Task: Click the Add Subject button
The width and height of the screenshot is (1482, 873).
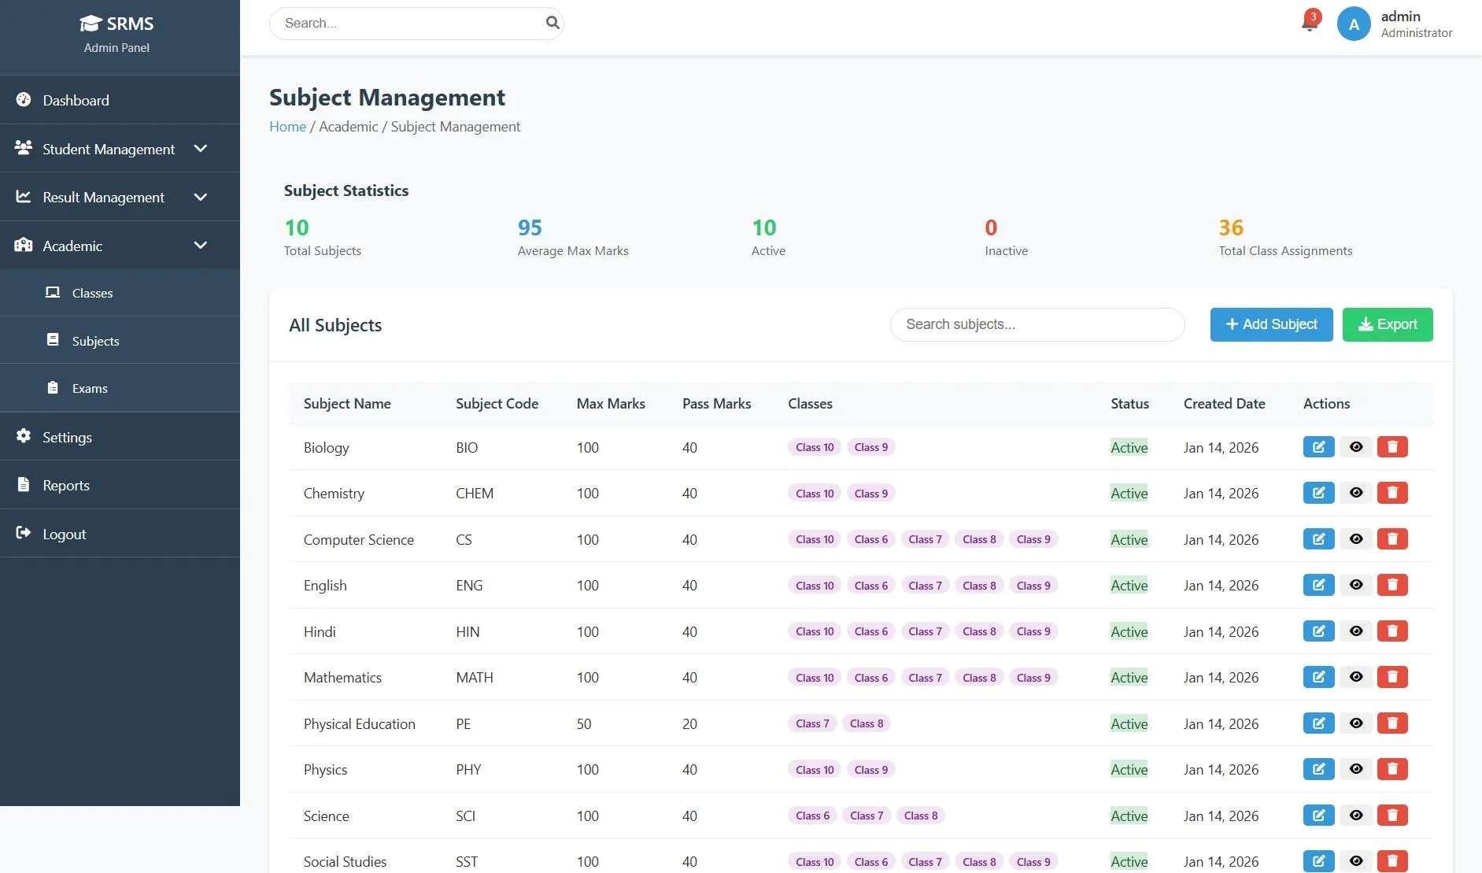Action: coord(1271,324)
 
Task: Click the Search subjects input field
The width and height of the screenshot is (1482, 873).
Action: coord(1037,324)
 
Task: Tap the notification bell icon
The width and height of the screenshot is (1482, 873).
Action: coord(1310,22)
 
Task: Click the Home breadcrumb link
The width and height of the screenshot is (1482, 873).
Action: coord(287,127)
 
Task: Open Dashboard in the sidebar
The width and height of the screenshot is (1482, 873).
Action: coord(76,100)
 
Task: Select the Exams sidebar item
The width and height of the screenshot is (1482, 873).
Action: coord(90,388)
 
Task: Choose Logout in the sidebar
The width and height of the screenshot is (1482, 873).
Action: coord(64,534)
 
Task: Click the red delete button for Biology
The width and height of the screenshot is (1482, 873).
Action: coord(1391,447)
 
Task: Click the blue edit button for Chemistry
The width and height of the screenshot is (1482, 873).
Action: coord(1318,493)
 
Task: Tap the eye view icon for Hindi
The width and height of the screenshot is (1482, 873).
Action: coord(1355,631)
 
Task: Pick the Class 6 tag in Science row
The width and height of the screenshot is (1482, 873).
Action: coord(812,816)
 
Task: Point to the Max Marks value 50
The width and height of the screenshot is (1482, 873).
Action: coord(584,723)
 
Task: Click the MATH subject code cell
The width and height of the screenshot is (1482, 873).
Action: coord(475,678)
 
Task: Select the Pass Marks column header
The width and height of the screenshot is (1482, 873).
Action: coord(716,404)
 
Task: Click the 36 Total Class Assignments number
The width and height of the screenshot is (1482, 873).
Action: coord(1231,227)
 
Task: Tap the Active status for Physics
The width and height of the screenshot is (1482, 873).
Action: coord(1129,770)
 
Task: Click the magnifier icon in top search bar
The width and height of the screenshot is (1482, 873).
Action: coord(553,23)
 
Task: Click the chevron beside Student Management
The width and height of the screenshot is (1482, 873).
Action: coord(201,149)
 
